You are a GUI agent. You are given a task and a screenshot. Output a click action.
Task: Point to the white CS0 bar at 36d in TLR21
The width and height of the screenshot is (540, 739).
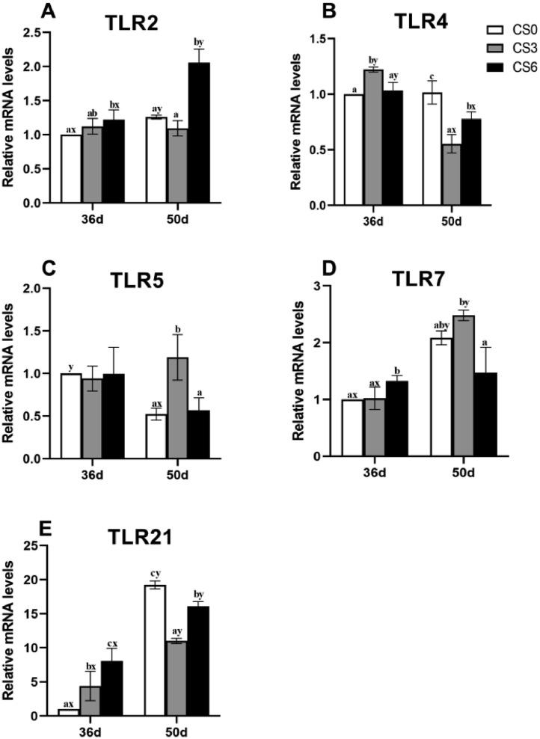click(69, 711)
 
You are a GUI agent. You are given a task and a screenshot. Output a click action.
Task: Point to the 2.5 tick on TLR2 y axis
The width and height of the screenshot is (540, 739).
click(42, 32)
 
